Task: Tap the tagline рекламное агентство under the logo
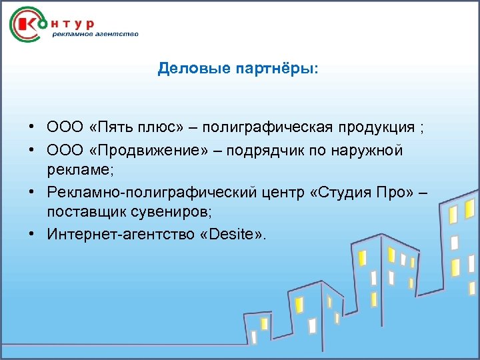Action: (95, 35)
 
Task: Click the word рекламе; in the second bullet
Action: (81, 169)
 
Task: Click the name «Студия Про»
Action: (362, 193)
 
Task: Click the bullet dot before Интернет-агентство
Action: (31, 235)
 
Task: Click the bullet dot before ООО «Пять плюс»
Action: (31, 127)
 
